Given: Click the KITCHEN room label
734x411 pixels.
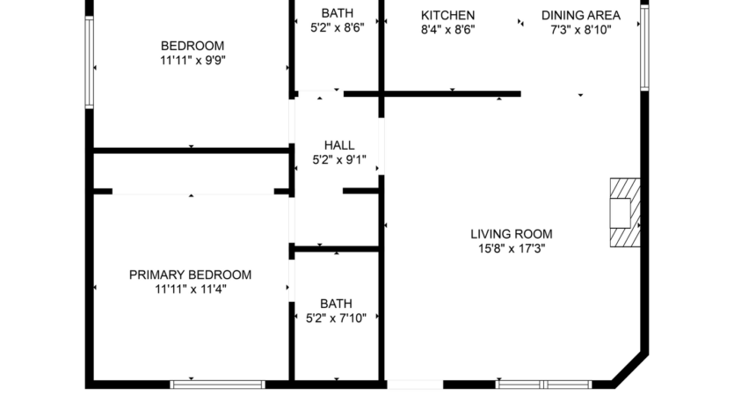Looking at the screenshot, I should click(x=447, y=15).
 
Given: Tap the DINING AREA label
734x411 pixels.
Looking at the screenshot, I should click(x=580, y=15).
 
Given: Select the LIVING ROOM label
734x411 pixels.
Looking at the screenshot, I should click(x=511, y=234).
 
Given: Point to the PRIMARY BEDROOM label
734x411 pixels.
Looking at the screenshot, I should click(x=190, y=275).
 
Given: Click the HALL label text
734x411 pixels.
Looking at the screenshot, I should click(x=339, y=145).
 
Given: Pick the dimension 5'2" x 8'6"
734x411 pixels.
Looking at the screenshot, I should click(x=337, y=28).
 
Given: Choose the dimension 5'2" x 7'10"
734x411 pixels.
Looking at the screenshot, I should click(x=337, y=318).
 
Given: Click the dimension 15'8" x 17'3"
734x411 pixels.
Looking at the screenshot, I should click(x=511, y=248).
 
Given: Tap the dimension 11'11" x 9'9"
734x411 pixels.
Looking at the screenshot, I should click(x=192, y=61).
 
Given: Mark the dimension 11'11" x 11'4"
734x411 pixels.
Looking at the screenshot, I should click(x=190, y=289).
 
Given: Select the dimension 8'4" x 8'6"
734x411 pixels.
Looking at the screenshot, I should click(x=447, y=29).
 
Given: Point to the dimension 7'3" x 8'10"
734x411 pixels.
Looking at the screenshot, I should click(x=580, y=29).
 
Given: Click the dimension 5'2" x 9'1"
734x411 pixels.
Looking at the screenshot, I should click(x=339, y=160).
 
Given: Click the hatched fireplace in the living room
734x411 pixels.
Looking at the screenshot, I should click(x=625, y=213).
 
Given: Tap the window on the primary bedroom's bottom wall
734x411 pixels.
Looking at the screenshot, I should click(x=217, y=384).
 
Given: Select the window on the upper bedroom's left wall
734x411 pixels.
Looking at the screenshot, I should click(x=89, y=62).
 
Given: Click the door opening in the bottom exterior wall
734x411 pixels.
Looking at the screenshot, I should click(x=415, y=384).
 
